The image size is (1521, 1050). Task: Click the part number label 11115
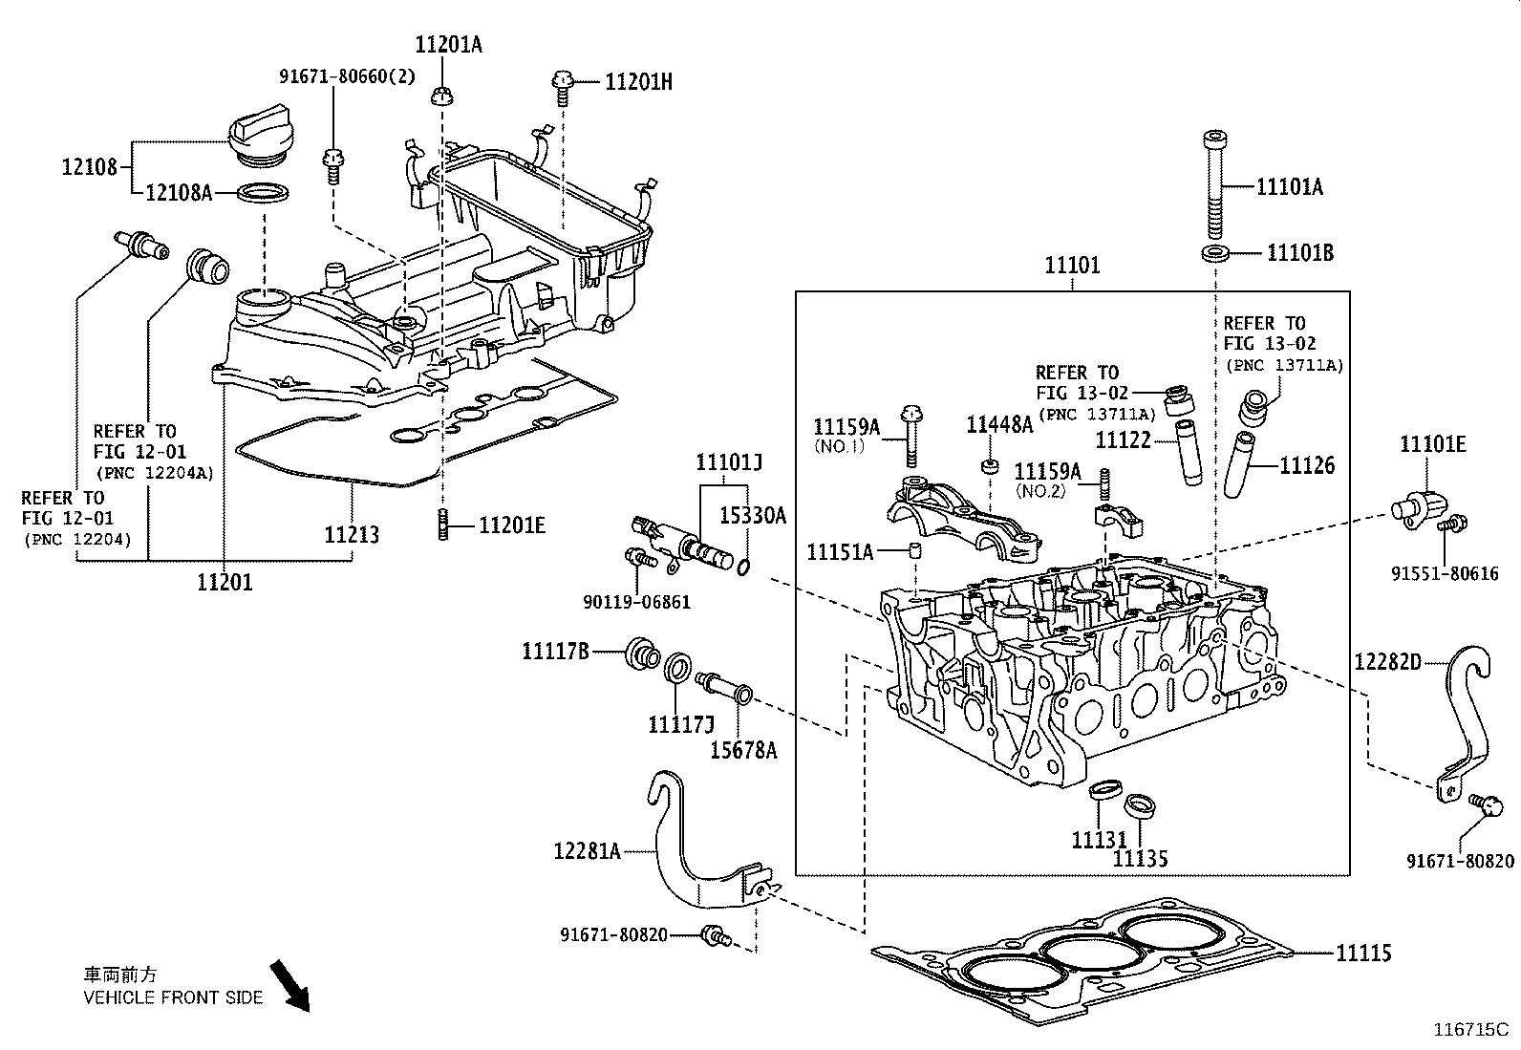click(x=1362, y=953)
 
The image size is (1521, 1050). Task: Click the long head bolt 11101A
click(x=1212, y=186)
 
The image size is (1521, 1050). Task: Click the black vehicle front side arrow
click(x=289, y=985)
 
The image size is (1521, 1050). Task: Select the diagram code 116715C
click(x=1468, y=1031)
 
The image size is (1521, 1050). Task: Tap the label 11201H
click(x=638, y=82)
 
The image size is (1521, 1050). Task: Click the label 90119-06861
click(x=636, y=602)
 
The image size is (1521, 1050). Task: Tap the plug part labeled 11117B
click(x=640, y=656)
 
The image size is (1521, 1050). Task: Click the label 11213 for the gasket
click(x=352, y=534)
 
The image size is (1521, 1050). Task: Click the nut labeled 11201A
click(x=442, y=94)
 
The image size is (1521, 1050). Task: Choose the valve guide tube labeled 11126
click(x=1239, y=464)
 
